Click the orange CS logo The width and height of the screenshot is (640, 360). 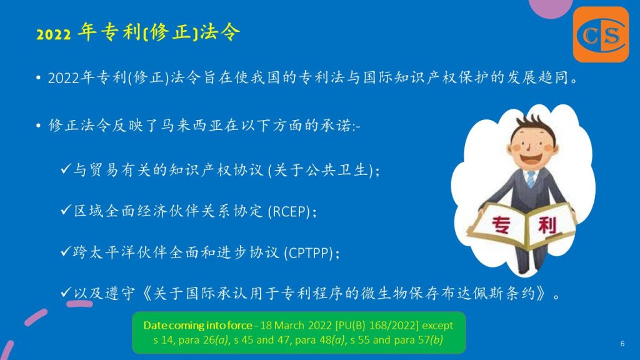[x=601, y=34]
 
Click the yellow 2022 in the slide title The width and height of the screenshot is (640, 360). [x=54, y=34]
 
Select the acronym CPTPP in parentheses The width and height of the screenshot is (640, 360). [x=309, y=253]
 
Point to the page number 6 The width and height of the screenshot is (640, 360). [x=622, y=344]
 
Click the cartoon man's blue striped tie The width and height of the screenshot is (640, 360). [x=530, y=179]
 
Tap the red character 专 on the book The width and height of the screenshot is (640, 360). [x=501, y=224]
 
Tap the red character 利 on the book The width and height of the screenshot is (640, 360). [x=547, y=225]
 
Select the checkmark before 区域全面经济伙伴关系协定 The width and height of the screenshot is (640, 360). [x=66, y=211]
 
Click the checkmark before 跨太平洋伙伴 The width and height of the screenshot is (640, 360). [x=66, y=252]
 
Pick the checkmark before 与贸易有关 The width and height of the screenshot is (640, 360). [x=66, y=169]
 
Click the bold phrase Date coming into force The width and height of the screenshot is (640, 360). [x=197, y=325]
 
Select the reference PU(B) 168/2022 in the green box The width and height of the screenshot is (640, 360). [x=377, y=325]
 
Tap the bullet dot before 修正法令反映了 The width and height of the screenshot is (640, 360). [x=38, y=126]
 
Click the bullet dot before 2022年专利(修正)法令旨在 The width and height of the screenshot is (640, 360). [x=38, y=77]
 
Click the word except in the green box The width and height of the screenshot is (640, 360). [x=437, y=326]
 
